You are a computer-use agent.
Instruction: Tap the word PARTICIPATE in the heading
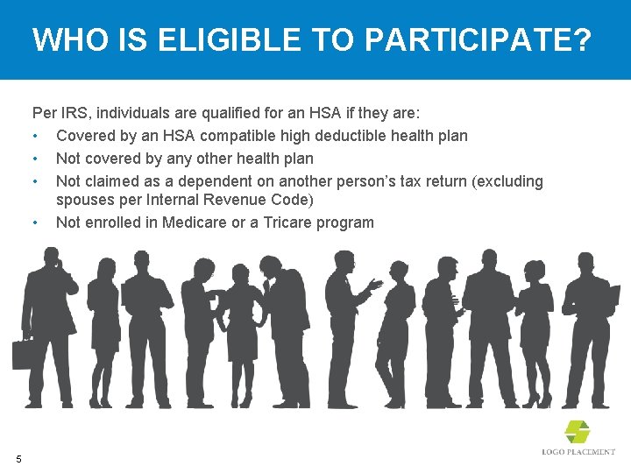click(x=470, y=39)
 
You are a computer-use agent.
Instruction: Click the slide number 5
click(x=18, y=457)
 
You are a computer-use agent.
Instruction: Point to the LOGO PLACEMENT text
click(x=578, y=452)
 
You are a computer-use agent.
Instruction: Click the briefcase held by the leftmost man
click(x=22, y=354)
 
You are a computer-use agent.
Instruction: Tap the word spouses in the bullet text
click(x=83, y=200)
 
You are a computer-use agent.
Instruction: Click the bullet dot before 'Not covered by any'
click(x=34, y=159)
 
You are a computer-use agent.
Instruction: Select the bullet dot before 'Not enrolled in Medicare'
click(x=34, y=222)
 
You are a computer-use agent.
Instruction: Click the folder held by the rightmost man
click(x=608, y=296)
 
